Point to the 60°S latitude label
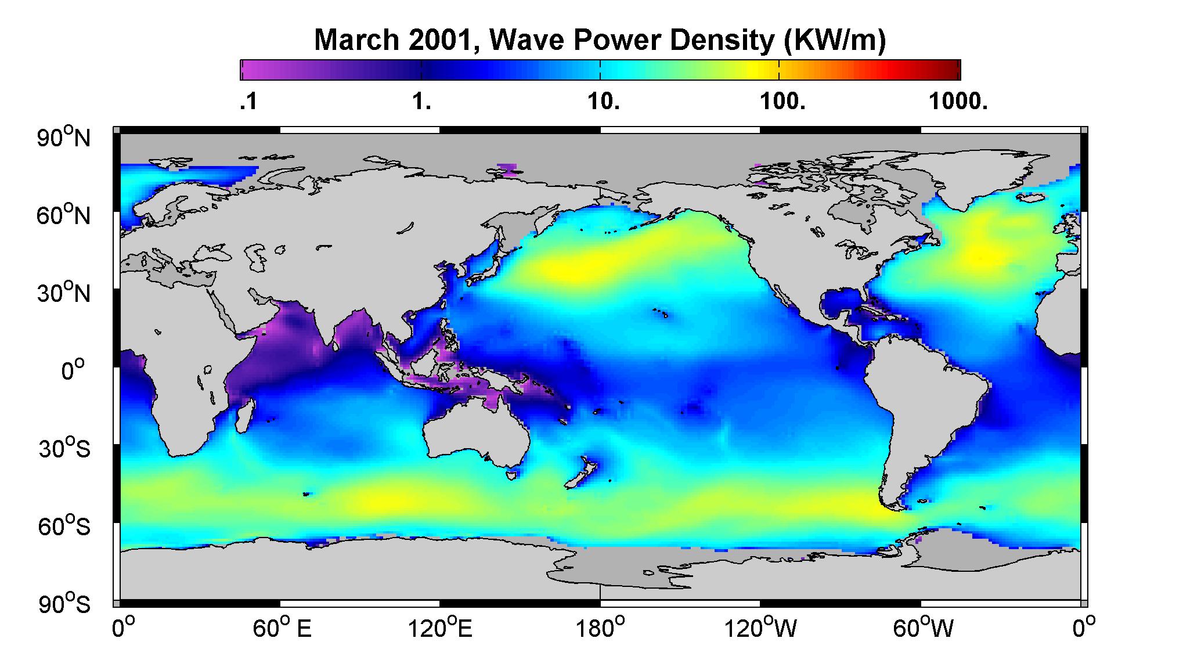point(64,526)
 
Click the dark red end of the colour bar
point(953,70)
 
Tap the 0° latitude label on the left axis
point(74,369)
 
